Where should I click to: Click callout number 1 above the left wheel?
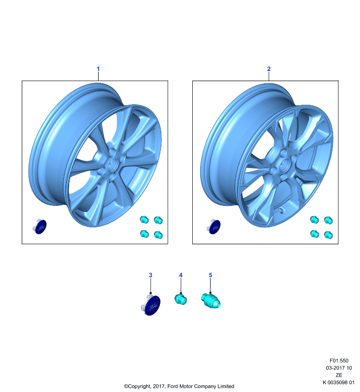(98, 69)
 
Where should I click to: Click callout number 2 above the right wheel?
(269, 69)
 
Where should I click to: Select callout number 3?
(151, 275)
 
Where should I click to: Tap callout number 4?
(180, 275)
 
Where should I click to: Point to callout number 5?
(210, 275)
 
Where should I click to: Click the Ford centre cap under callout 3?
(152, 304)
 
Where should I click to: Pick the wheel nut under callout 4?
(180, 299)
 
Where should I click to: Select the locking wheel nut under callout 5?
(210, 301)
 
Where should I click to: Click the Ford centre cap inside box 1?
(40, 226)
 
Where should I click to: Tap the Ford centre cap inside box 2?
(214, 226)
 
